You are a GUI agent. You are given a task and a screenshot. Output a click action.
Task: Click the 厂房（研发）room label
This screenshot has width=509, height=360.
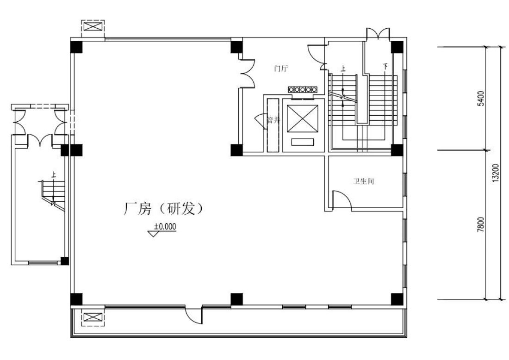pyautogui.click(x=163, y=209)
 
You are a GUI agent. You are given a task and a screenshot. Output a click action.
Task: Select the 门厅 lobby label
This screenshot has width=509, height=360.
pyautogui.click(x=281, y=68)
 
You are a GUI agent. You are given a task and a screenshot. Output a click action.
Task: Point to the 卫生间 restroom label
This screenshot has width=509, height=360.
pyautogui.click(x=364, y=181)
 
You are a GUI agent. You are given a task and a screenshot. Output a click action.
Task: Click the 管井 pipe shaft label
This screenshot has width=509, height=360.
pyautogui.click(x=273, y=120)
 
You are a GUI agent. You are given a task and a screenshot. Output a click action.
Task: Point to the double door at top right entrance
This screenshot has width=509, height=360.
pyautogui.click(x=378, y=34)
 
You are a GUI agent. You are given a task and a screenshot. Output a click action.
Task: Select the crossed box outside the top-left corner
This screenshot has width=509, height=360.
pyautogui.click(x=93, y=26)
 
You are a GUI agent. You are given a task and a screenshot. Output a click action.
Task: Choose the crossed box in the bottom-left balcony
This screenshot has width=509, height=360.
pyautogui.click(x=93, y=317)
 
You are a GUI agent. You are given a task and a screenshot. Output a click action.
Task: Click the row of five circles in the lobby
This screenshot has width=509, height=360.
pyautogui.click(x=303, y=89)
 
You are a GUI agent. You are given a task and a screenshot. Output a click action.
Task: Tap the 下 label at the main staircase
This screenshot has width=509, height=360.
pyautogui.click(x=385, y=67)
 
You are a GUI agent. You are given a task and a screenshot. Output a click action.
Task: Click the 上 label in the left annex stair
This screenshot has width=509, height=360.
pyautogui.click(x=54, y=174)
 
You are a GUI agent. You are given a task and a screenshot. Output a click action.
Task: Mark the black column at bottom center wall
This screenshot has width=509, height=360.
pyautogui.click(x=236, y=299)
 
